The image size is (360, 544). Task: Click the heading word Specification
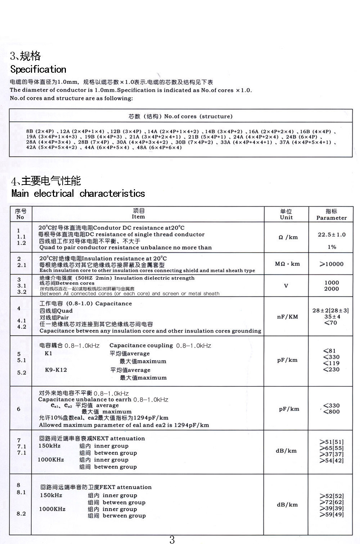coord(38,69)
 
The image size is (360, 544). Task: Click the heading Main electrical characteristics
coord(78,193)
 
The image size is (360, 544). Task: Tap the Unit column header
coord(286,214)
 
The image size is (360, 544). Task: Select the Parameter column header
coord(331,214)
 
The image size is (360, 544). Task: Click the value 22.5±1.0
coord(332,235)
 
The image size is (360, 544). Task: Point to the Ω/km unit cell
coord(288,237)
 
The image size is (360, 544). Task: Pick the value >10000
coord(331,264)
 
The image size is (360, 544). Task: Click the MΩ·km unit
coord(287,264)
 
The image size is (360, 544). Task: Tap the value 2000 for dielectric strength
coord(332,289)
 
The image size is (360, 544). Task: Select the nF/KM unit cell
coord(287,317)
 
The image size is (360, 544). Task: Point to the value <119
coord(331,363)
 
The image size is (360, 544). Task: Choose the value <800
coord(331,412)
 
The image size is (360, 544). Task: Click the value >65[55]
coord(331,448)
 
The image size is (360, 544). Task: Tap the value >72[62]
coord(331,502)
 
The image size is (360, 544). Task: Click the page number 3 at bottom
coord(172,539)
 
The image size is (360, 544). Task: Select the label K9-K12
coord(56,370)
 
